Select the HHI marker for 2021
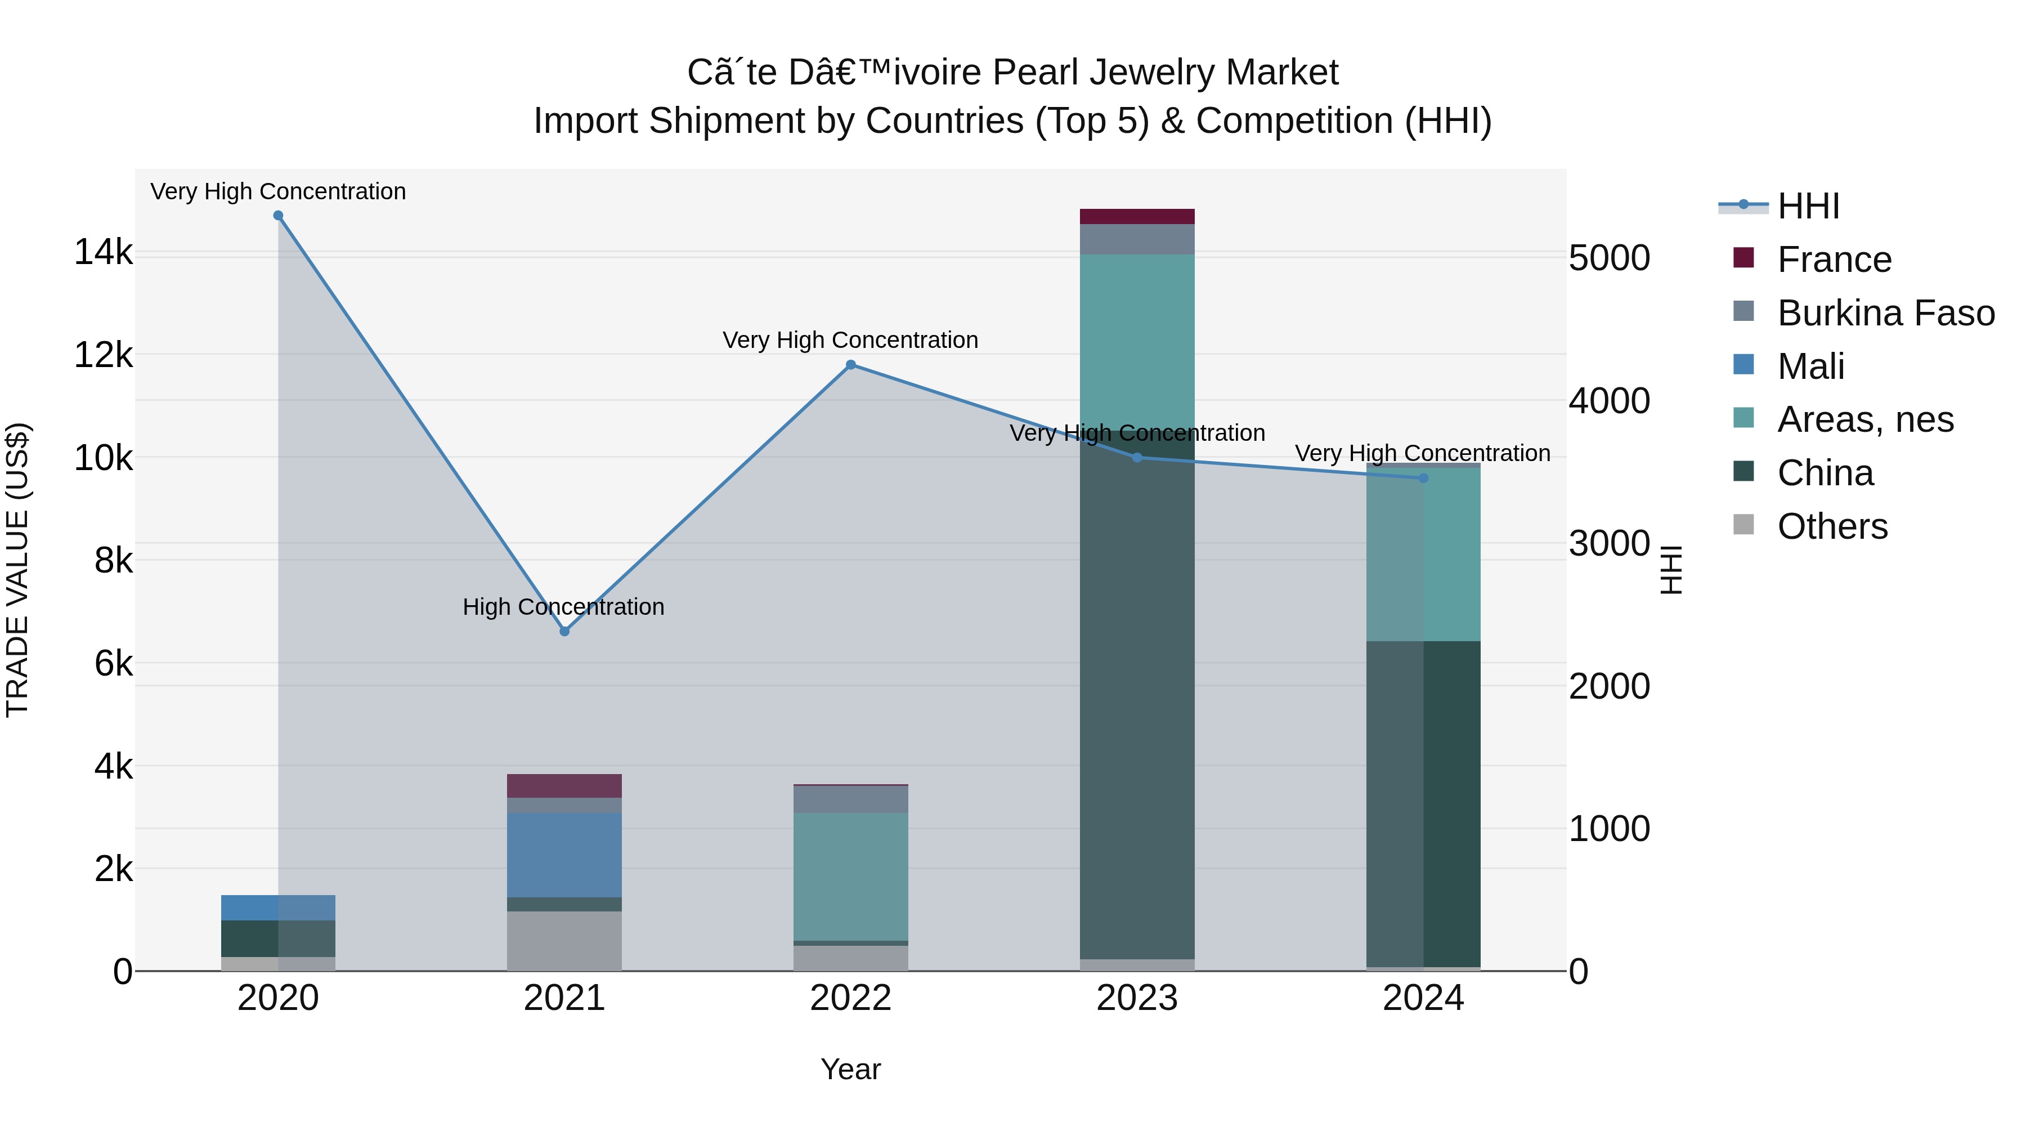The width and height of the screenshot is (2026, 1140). click(564, 631)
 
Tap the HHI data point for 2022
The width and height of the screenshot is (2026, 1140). click(850, 365)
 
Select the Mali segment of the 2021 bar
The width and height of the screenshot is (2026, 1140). click(564, 855)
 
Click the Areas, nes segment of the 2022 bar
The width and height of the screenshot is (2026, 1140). click(850, 877)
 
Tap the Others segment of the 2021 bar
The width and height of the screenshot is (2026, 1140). click(564, 940)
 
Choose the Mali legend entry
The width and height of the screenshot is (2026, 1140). click(1810, 366)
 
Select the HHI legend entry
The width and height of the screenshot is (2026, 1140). click(1807, 206)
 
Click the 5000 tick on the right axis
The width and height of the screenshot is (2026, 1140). click(1609, 259)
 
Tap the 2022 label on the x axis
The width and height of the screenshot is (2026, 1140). click(850, 998)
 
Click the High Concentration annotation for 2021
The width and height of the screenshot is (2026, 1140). click(563, 606)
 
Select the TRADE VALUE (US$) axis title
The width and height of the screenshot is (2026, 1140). click(17, 570)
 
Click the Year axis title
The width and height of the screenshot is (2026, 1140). click(850, 1069)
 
